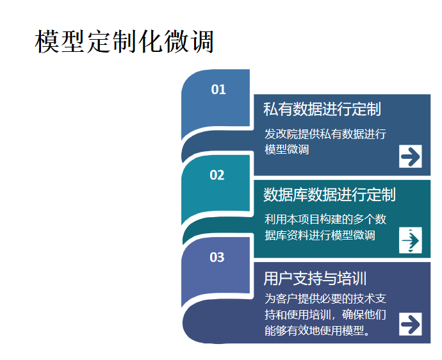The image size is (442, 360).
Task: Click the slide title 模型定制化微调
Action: (124, 41)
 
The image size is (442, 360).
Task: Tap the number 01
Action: (218, 90)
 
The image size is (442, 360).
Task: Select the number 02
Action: (217, 175)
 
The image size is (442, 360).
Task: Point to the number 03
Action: (217, 257)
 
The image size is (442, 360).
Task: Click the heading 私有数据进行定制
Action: (322, 109)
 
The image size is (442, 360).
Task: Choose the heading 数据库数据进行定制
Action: (329, 195)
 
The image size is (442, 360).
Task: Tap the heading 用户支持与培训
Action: (315, 278)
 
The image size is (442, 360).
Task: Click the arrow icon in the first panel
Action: (411, 156)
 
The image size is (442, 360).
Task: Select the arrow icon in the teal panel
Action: (411, 240)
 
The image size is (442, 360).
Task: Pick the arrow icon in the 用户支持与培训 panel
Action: (411, 324)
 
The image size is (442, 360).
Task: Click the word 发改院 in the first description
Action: (281, 134)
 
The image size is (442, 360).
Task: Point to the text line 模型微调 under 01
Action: (287, 149)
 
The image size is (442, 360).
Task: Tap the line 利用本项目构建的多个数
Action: (325, 219)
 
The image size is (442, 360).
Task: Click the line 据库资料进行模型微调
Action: (320, 235)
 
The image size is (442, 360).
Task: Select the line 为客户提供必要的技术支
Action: (325, 299)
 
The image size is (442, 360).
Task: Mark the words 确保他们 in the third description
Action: (364, 315)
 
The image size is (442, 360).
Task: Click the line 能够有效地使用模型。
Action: (318, 331)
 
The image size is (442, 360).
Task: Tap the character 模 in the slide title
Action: (47, 42)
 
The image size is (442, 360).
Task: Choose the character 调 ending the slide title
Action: (202, 42)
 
